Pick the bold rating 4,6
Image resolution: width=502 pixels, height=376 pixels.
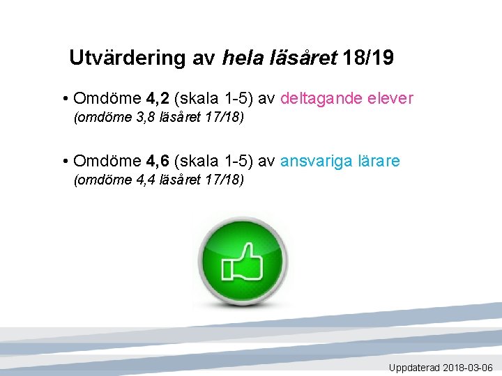[158, 162]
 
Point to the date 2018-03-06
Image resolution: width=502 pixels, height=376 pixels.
[468, 368]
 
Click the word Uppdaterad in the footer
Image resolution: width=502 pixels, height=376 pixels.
[414, 368]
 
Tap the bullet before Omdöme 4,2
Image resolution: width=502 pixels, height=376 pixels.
[64, 99]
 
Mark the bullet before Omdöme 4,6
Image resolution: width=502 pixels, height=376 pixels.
[64, 162]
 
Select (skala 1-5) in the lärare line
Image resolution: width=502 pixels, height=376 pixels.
[213, 162]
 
